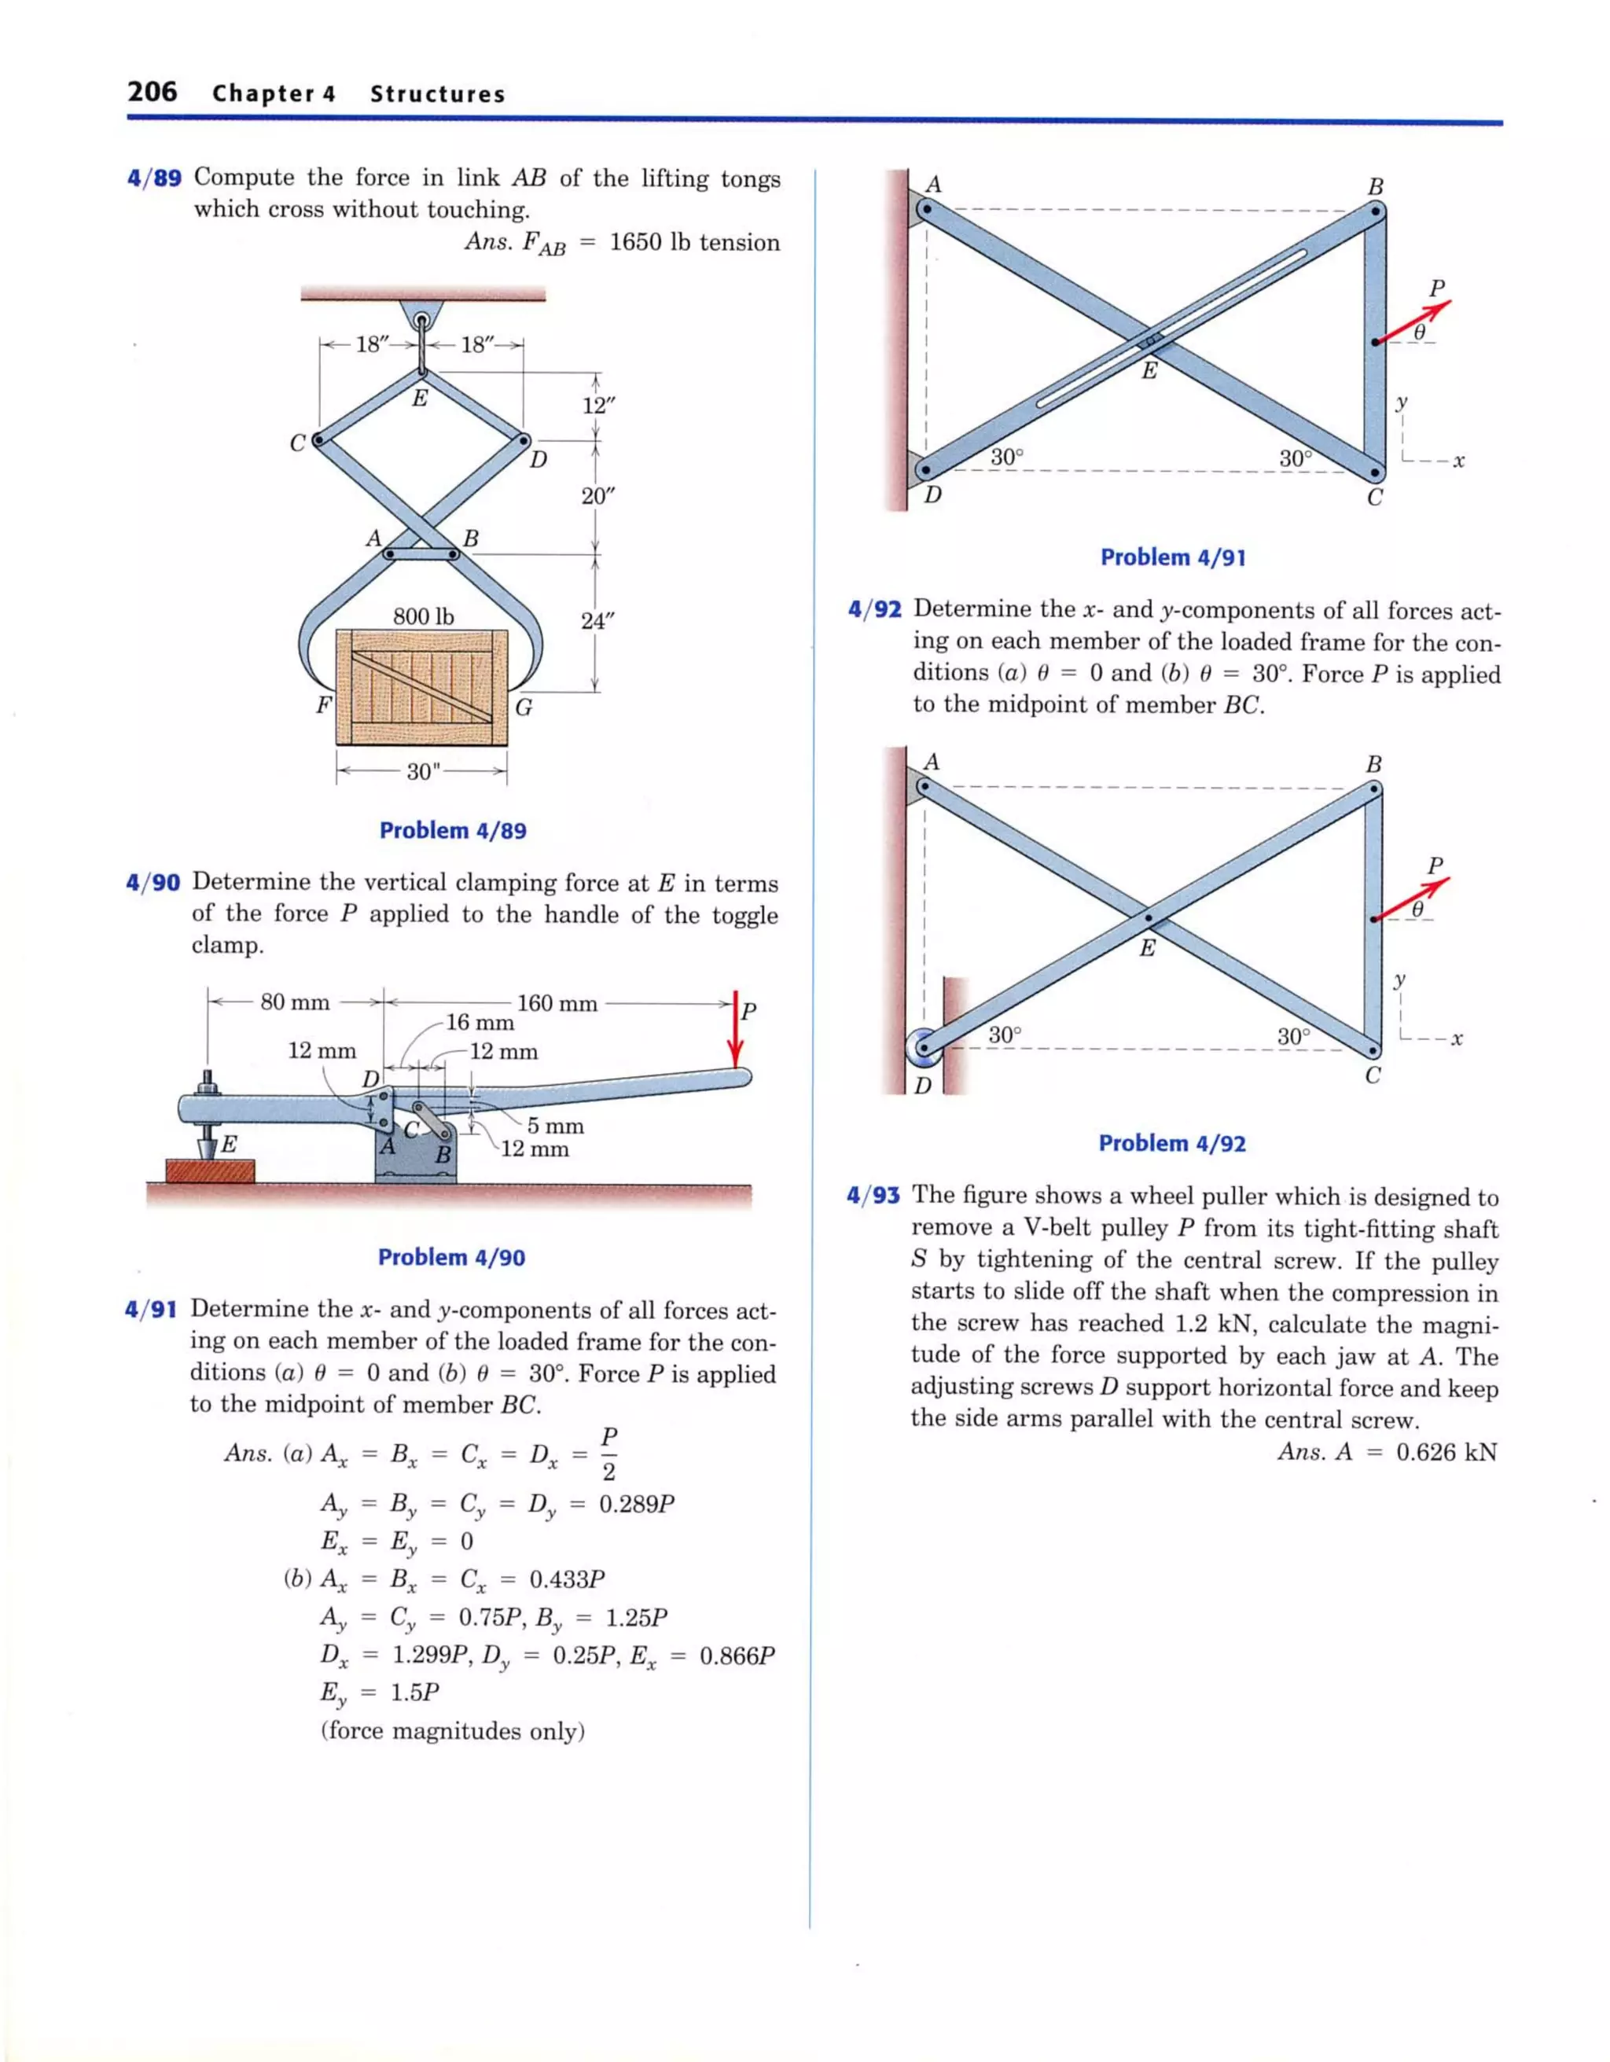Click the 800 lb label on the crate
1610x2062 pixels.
(x=423, y=616)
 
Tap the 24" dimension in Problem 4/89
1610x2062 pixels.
(x=597, y=621)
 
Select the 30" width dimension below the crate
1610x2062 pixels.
(x=423, y=771)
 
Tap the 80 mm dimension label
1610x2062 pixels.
(x=295, y=1002)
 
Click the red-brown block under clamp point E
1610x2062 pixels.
(x=210, y=1171)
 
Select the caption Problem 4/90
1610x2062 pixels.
(x=451, y=1257)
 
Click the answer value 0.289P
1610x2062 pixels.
(x=638, y=1504)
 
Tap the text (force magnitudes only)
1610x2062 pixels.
(x=454, y=1732)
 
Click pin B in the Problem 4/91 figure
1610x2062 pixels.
(x=1377, y=212)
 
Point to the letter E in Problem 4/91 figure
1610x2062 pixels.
(x=1149, y=371)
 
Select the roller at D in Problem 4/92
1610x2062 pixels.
(x=924, y=1047)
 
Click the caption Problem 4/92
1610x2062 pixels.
(x=1172, y=1143)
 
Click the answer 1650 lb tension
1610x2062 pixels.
(x=695, y=243)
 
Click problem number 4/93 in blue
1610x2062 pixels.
(x=873, y=1196)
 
